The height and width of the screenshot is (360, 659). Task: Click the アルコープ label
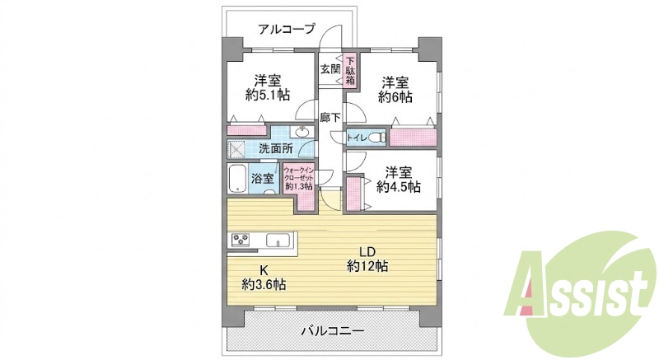286,29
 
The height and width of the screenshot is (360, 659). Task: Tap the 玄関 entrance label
330,69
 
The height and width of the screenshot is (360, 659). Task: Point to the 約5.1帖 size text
268,96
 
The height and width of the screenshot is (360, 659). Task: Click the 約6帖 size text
395,97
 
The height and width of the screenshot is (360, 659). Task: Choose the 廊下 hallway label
330,118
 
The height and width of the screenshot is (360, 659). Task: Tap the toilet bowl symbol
379,137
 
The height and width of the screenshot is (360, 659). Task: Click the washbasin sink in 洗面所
302,132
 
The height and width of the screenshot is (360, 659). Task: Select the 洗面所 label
276,148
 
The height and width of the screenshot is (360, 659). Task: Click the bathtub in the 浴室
237,178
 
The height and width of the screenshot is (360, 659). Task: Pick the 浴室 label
263,179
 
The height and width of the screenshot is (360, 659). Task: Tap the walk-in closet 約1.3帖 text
298,186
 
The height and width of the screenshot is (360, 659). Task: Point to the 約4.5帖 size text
399,186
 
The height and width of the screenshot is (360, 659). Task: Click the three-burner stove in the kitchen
241,240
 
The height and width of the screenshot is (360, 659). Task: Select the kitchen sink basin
278,241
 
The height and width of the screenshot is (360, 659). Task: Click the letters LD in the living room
367,251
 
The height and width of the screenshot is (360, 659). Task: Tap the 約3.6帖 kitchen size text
264,284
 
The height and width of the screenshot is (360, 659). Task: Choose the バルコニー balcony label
332,331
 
